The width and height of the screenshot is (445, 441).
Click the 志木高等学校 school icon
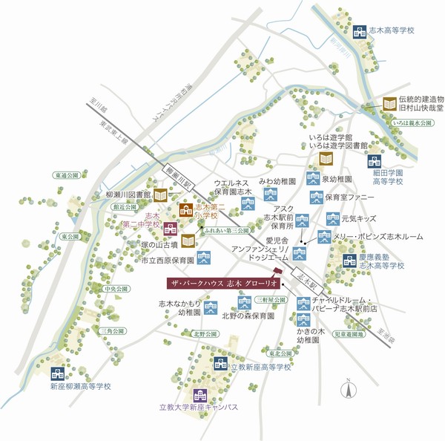pos(360,32)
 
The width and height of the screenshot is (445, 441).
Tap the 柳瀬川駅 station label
pos(180,179)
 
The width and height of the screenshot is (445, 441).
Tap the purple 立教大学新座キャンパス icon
pos(199,395)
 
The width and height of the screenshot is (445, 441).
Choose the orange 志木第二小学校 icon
pos(186,210)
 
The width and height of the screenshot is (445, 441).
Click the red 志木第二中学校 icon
pos(170,227)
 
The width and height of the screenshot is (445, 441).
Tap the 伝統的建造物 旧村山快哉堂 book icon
pos(389,105)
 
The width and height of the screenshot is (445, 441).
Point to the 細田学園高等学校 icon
pos(374,161)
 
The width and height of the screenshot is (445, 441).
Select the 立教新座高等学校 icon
pos(220,363)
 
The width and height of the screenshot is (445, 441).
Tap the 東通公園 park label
pos(66,177)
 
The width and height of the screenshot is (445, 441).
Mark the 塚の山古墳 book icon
pos(188,241)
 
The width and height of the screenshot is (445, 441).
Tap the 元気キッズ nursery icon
pos(332,219)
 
